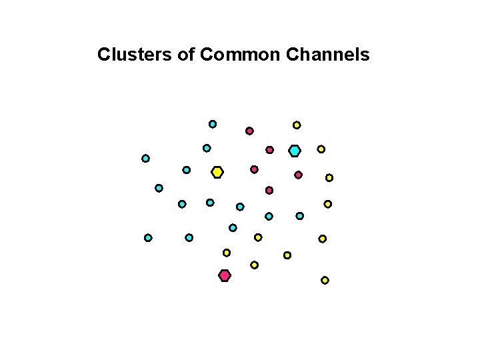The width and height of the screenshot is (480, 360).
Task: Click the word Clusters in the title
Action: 135,54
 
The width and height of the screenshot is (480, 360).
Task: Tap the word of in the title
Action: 187,54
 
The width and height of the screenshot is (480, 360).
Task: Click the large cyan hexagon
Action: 295,151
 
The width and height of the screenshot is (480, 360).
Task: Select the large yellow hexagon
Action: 217,172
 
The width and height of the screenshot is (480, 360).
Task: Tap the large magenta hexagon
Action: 225,275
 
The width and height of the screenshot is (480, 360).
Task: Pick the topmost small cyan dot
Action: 213,124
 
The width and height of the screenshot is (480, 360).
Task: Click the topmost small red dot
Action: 249,131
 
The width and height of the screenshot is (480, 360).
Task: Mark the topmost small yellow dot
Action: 297,125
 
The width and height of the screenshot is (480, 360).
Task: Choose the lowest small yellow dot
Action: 325,281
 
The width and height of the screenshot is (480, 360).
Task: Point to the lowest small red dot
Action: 269,191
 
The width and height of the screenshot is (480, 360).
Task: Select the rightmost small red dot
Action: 298,175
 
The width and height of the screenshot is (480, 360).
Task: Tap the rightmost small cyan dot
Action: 300,216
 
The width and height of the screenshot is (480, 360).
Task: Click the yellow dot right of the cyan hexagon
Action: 321,149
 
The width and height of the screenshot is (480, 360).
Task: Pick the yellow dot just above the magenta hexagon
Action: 227,253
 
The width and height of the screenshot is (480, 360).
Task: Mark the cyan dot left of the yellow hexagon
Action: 187,170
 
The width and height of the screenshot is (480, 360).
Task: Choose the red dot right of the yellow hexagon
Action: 254,169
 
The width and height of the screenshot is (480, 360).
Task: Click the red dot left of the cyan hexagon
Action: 269,150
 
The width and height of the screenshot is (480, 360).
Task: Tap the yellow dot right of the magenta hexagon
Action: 254,265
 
